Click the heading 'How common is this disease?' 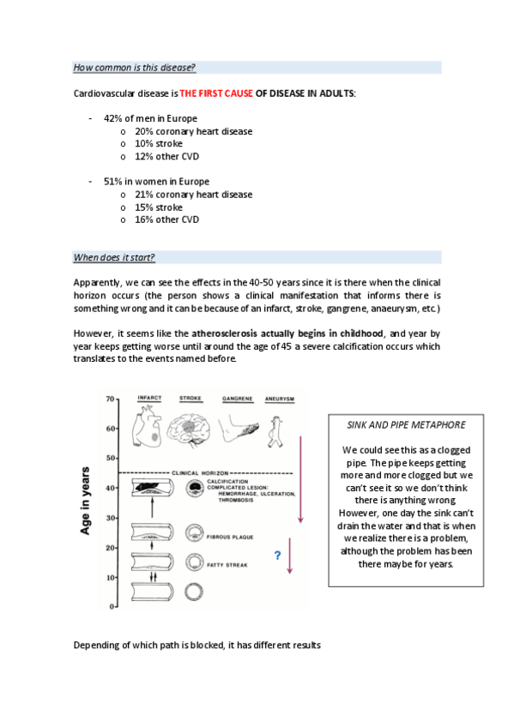click(134, 68)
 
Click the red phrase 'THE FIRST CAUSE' click(216, 93)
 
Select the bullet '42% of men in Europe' click(150, 118)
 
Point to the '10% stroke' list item click(159, 144)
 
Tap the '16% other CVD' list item click(167, 219)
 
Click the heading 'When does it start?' click(114, 257)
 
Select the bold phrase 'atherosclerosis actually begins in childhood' click(287, 333)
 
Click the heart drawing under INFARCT click(147, 425)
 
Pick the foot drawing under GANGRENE click(238, 429)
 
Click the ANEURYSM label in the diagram click(279, 399)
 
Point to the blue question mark click(277, 555)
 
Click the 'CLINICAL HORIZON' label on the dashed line click(200, 473)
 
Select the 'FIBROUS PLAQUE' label click(230, 538)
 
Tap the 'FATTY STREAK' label click(227, 565)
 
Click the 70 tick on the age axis click(111, 399)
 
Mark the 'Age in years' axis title click(85, 501)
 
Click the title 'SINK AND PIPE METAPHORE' click(406, 425)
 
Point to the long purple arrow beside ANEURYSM click(300, 479)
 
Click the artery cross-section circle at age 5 click(194, 592)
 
